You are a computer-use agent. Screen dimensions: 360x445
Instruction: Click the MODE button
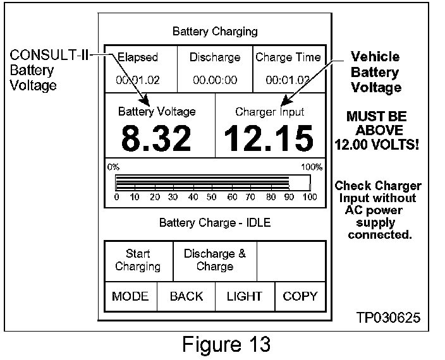tap(130, 296)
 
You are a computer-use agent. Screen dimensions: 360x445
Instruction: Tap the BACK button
tap(186, 296)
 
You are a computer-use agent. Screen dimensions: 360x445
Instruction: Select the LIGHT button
tap(245, 296)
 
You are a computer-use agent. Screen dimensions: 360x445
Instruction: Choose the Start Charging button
tap(138, 260)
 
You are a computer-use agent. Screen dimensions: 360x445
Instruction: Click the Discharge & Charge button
tap(215, 260)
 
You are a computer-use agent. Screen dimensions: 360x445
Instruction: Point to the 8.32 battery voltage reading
tap(156, 139)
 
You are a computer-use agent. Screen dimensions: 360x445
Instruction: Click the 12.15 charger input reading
tap(269, 139)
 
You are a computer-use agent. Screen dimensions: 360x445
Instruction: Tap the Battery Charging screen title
tap(215, 31)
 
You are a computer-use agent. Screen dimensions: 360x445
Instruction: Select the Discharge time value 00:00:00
tap(215, 80)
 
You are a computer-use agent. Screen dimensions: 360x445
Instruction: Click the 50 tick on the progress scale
tap(212, 197)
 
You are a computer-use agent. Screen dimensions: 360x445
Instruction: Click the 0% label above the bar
tap(113, 167)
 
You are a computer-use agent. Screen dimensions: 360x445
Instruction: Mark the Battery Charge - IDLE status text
tap(215, 222)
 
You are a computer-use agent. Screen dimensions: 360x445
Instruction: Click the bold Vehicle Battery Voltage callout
tap(375, 72)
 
